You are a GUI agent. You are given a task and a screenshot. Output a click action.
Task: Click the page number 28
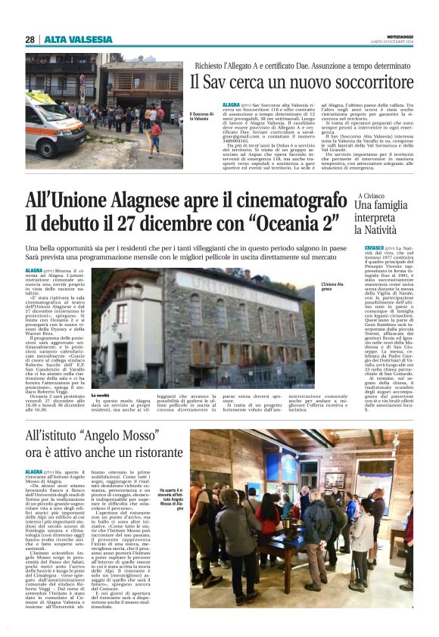(x=30, y=39)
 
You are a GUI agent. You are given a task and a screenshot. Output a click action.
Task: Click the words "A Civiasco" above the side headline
(x=374, y=196)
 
